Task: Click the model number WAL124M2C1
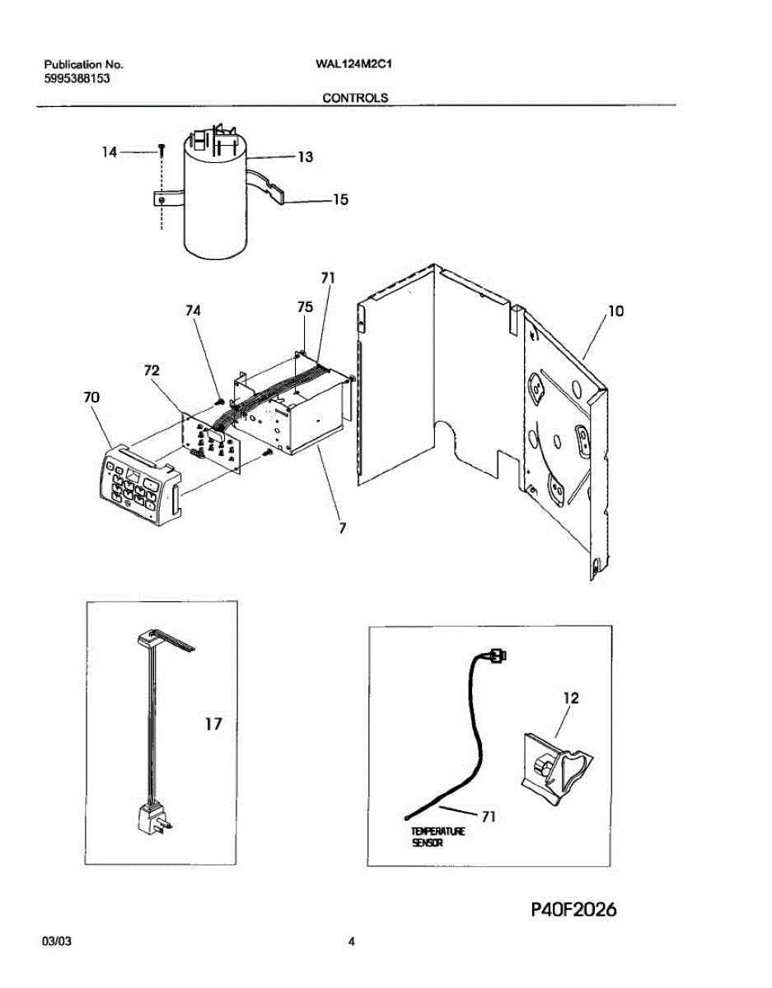click(x=351, y=63)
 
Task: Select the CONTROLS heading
click(x=355, y=97)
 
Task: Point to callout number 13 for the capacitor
click(x=305, y=157)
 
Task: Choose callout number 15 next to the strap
click(x=339, y=199)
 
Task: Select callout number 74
click(x=193, y=310)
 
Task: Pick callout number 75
click(x=305, y=306)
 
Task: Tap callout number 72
click(x=151, y=371)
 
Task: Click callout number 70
click(x=91, y=397)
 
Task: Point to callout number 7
click(x=342, y=528)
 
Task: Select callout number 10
click(x=615, y=310)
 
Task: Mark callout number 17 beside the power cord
click(x=213, y=725)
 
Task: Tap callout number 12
click(x=570, y=698)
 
